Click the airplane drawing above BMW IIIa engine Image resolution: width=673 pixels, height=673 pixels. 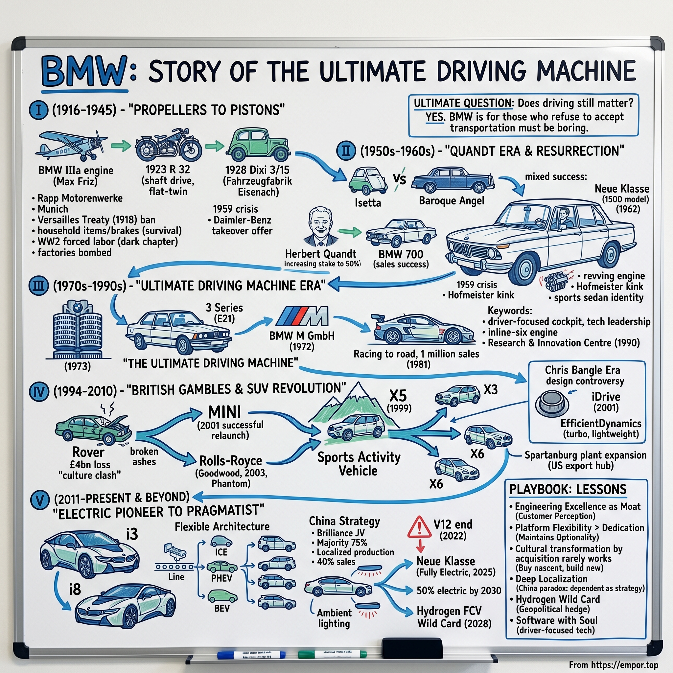point(71,145)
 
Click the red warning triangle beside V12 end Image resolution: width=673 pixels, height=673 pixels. point(419,527)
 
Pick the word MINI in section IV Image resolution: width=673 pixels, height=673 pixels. point(224,412)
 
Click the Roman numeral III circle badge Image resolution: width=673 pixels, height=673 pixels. point(38,286)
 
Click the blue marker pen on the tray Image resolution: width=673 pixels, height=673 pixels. point(251,655)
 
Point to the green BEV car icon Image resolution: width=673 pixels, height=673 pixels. point(222,597)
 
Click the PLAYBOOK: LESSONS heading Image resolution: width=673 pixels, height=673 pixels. point(568,489)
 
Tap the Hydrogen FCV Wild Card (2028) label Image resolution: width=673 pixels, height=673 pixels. point(454,617)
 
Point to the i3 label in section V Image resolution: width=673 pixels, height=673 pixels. point(132,534)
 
